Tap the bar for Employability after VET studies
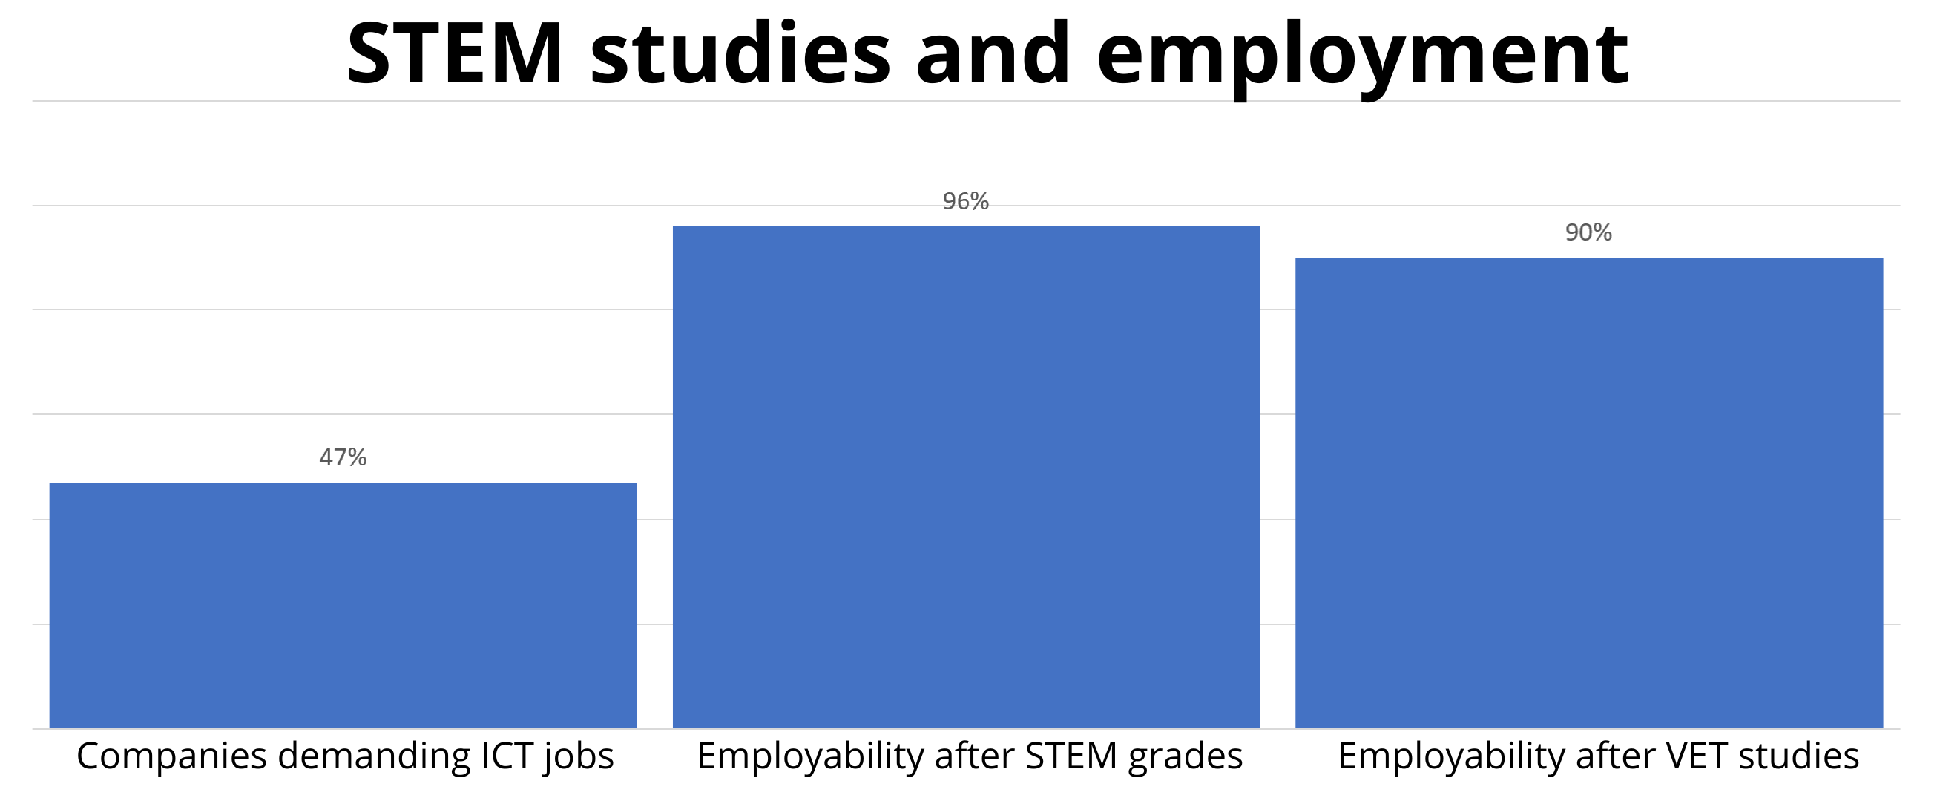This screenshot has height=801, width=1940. click(1588, 493)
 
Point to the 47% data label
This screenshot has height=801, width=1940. click(343, 457)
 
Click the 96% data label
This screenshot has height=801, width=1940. click(965, 201)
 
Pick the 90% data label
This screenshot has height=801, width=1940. click(1588, 233)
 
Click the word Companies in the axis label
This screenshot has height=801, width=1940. click(171, 756)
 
